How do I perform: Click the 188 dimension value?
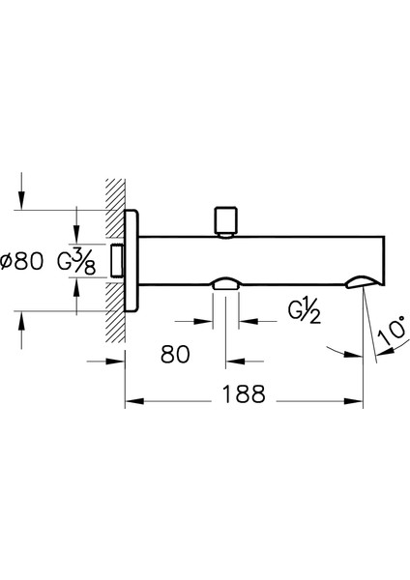[244, 394]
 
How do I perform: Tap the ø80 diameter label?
[22, 261]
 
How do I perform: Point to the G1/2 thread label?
[305, 310]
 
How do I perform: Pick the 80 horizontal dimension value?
[175, 355]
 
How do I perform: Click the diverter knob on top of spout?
[225, 222]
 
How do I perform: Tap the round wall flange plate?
[132, 260]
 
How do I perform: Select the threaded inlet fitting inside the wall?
[118, 260]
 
